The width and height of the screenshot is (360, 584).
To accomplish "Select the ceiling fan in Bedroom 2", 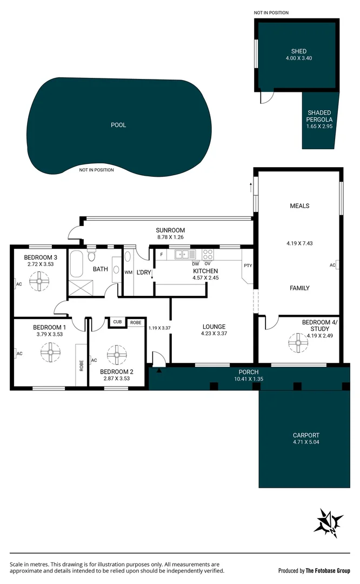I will pyautogui.click(x=116, y=355).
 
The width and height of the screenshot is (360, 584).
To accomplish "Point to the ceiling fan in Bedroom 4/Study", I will pyautogui.click(x=297, y=342).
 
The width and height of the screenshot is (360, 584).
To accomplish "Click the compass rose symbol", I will pyautogui.click(x=329, y=523).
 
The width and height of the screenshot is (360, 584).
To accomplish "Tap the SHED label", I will pyautogui.click(x=298, y=51).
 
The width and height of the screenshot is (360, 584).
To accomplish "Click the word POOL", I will pyautogui.click(x=118, y=125).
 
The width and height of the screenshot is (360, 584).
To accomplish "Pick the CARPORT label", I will pyautogui.click(x=306, y=435).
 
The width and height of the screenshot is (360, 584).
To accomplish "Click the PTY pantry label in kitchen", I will pyautogui.click(x=248, y=266).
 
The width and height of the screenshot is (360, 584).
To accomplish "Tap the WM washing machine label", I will pyautogui.click(x=128, y=271).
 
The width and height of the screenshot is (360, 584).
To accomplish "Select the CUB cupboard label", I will pyautogui.click(x=117, y=322).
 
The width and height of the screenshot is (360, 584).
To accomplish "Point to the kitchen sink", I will pyautogui.click(x=184, y=254).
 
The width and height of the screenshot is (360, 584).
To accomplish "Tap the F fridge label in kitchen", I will pyautogui.click(x=161, y=253).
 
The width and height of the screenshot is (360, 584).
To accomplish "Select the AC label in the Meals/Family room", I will pyautogui.click(x=332, y=265).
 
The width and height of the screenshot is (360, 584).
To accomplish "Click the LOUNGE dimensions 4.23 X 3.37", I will pyautogui.click(x=214, y=334).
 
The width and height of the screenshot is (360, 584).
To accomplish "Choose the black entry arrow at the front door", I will pyautogui.click(x=159, y=370).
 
